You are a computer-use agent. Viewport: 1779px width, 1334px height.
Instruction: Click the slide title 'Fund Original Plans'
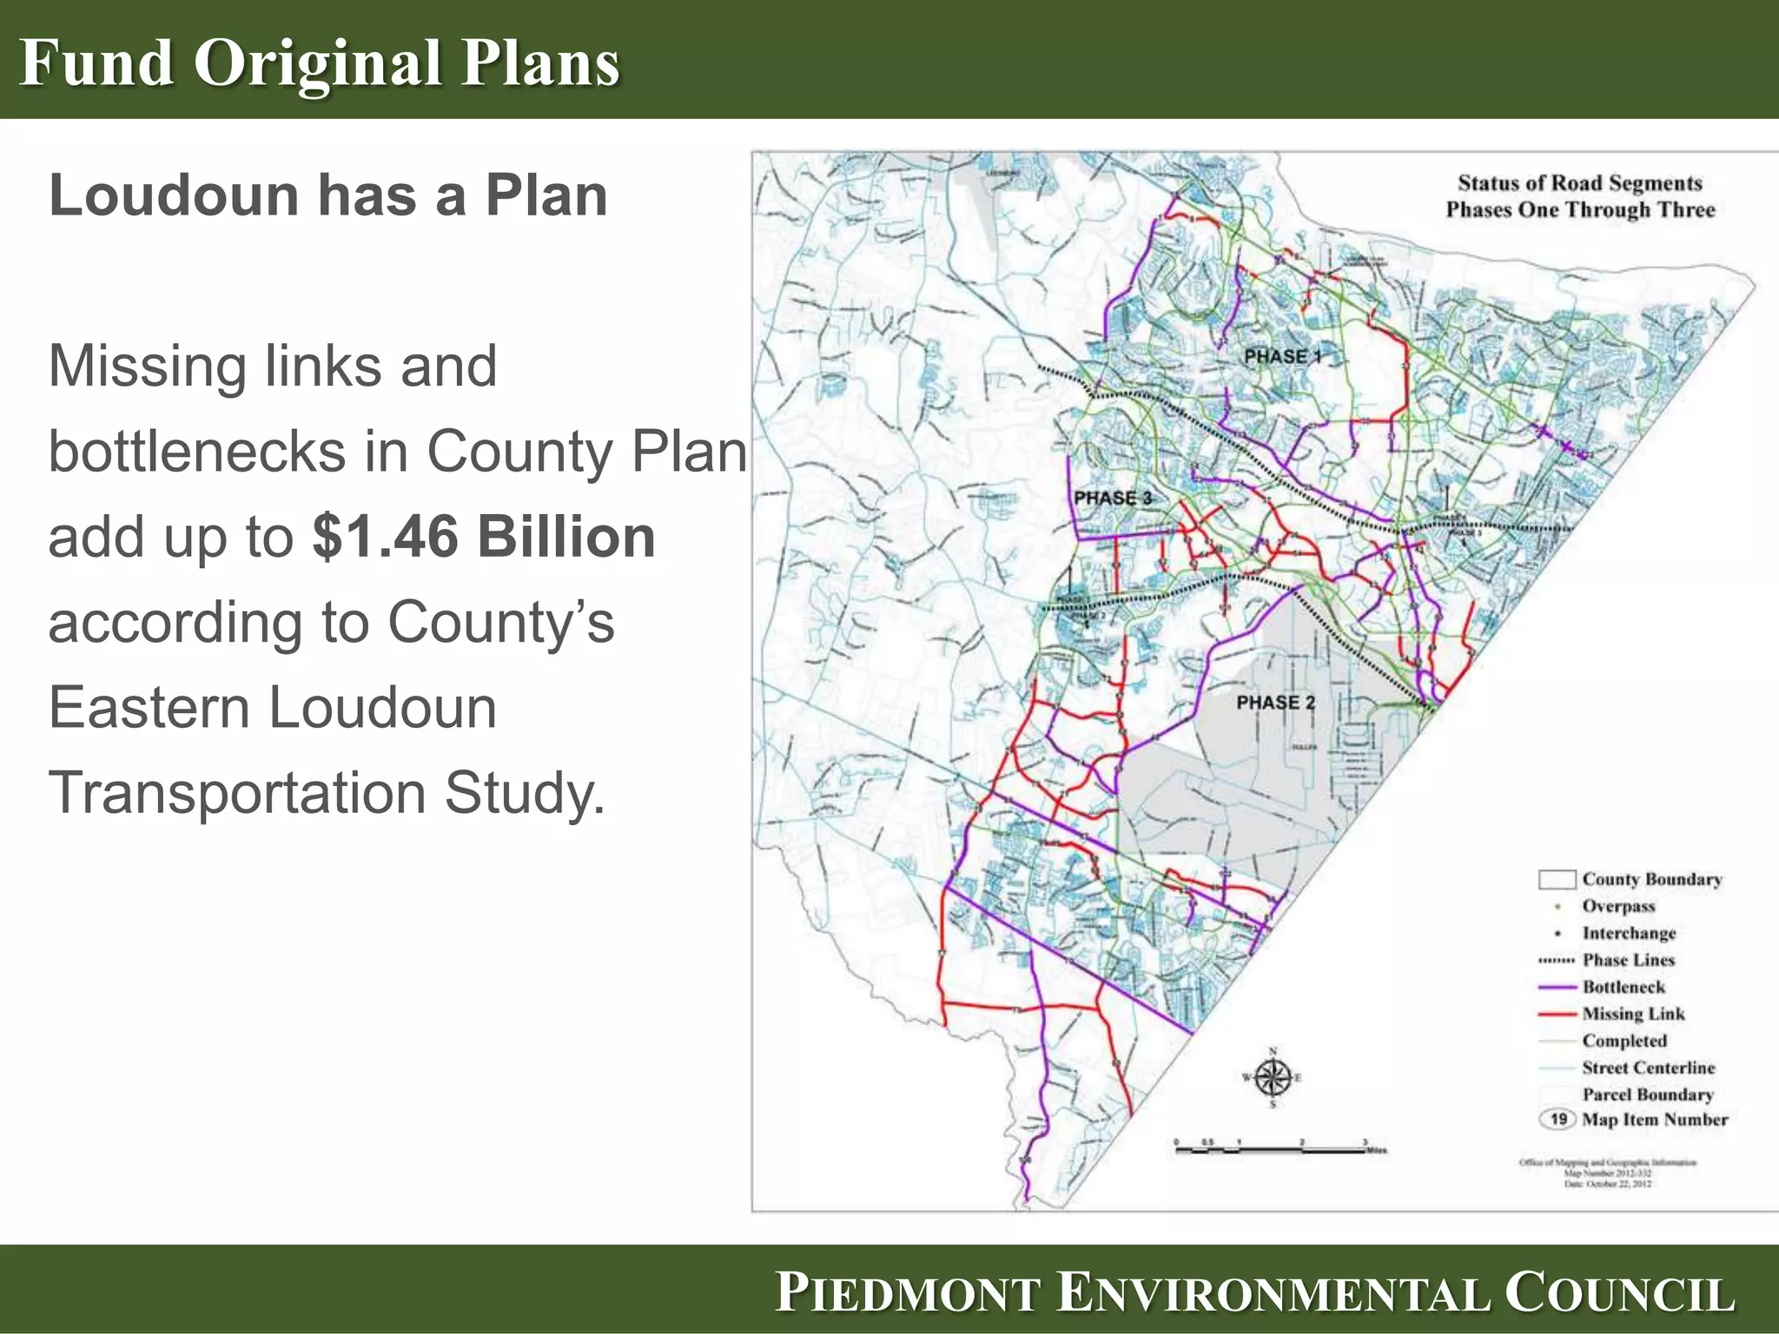pyautogui.click(x=320, y=63)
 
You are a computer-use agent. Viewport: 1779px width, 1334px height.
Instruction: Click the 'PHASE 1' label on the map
pyautogui.click(x=1282, y=356)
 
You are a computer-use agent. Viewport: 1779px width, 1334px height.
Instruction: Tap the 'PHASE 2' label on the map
pyautogui.click(x=1275, y=702)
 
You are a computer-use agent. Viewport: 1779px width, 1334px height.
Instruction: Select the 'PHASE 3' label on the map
pyautogui.click(x=1112, y=498)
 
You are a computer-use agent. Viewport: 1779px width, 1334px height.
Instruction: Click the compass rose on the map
pyautogui.click(x=1273, y=1078)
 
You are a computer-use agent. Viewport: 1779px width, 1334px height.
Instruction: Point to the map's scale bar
pyautogui.click(x=1277, y=1148)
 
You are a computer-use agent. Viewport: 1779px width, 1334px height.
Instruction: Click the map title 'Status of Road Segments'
pyautogui.click(x=1579, y=183)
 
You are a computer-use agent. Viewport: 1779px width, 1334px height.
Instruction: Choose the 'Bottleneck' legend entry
pyautogui.click(x=1623, y=987)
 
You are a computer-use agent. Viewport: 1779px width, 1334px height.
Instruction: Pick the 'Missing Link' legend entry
pyautogui.click(x=1632, y=1014)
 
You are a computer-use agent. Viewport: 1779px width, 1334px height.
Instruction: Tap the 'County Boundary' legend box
pyautogui.click(x=1557, y=879)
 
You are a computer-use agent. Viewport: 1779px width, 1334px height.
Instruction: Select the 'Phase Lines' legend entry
pyautogui.click(x=1628, y=960)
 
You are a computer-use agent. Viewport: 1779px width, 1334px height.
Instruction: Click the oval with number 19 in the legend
pyautogui.click(x=1558, y=1119)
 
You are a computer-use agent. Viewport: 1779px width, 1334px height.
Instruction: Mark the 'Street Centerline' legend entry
pyautogui.click(x=1648, y=1067)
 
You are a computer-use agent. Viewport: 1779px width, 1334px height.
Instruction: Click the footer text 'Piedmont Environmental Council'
pyautogui.click(x=1254, y=1291)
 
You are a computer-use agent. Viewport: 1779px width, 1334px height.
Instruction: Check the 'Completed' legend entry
pyautogui.click(x=1624, y=1040)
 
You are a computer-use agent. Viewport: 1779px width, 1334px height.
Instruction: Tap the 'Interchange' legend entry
pyautogui.click(x=1629, y=933)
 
